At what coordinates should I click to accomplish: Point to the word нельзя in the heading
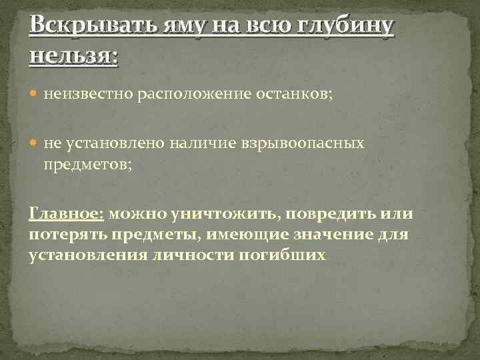[71, 55]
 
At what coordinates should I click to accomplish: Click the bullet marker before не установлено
[36, 143]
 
